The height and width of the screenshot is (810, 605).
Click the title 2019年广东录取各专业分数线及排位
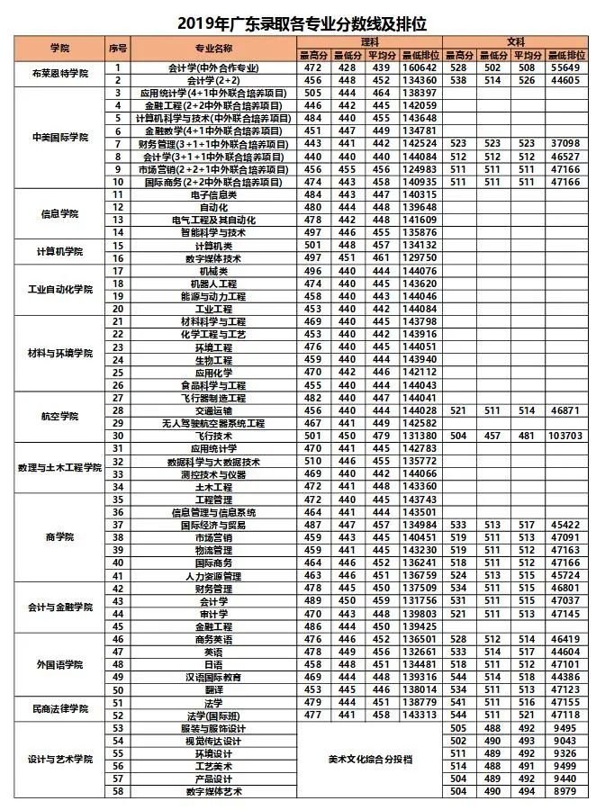(302, 18)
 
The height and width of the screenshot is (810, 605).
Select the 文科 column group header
(515, 42)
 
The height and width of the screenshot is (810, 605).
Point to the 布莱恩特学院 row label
(60, 74)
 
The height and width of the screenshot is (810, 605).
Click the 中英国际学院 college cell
(60, 138)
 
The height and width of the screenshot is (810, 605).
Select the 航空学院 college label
(60, 417)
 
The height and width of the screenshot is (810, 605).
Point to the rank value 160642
(420, 68)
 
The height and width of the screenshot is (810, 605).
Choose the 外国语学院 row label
(60, 664)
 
